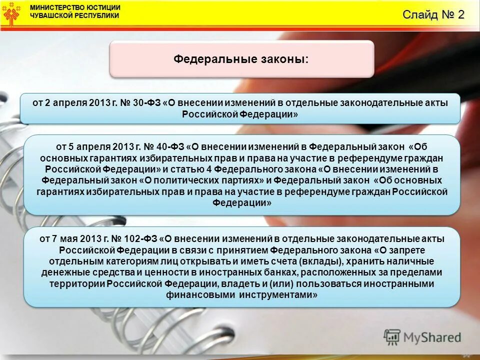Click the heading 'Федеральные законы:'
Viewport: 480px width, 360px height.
(x=241, y=59)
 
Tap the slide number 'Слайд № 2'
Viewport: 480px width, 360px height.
(x=433, y=14)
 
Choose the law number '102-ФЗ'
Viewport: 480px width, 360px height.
(x=147, y=239)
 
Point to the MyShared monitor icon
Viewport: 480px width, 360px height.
(x=392, y=337)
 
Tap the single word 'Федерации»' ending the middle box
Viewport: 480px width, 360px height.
(x=242, y=202)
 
